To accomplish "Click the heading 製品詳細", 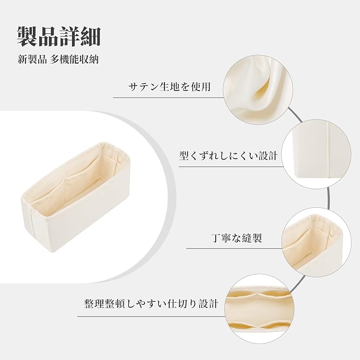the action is click(x=59, y=37).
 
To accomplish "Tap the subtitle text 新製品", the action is click(x=32, y=59).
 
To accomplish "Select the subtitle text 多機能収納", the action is click(x=75, y=59).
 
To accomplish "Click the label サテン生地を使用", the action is click(x=170, y=87).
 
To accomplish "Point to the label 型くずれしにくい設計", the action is click(x=229, y=156).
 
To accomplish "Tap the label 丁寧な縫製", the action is click(x=236, y=238).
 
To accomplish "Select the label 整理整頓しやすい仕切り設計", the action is click(x=151, y=303).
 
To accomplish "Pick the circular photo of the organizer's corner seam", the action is click(x=317, y=154).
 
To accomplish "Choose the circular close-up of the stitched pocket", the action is click(x=317, y=242).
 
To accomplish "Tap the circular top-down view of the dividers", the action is click(x=259, y=309).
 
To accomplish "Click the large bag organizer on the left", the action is click(x=75, y=197).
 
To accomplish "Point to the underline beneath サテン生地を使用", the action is click(x=168, y=98).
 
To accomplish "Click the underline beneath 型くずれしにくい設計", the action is click(x=231, y=166).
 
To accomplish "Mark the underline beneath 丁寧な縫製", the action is click(x=234, y=248).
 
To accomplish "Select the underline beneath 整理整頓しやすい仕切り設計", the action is click(x=151, y=317).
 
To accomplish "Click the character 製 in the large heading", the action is click(x=28, y=37).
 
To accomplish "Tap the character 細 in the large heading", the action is click(x=90, y=37).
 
